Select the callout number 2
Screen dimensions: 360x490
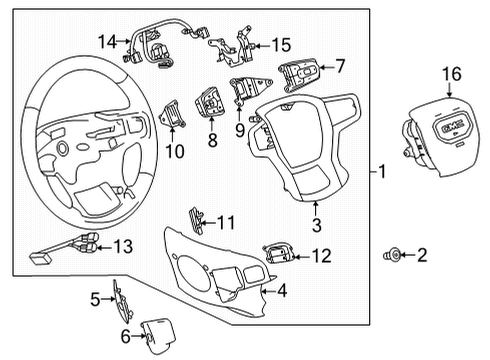[x=421, y=256]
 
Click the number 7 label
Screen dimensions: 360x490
[x=339, y=66]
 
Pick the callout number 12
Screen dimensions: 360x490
[x=320, y=256]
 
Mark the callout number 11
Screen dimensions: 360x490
[x=228, y=221]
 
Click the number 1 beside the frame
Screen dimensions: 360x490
[x=381, y=172]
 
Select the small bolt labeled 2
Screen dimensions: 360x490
[x=392, y=256]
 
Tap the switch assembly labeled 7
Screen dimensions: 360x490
[x=300, y=74]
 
